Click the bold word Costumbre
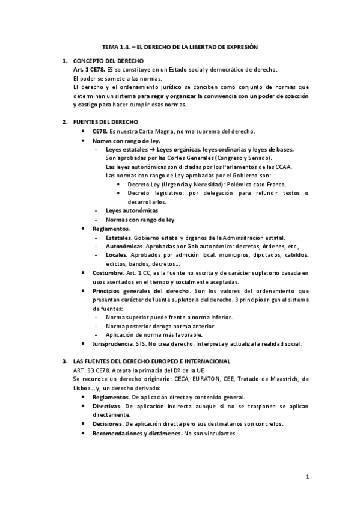(108, 273)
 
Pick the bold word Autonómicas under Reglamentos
(124, 247)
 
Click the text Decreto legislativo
(156, 193)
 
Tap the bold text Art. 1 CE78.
(88, 70)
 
